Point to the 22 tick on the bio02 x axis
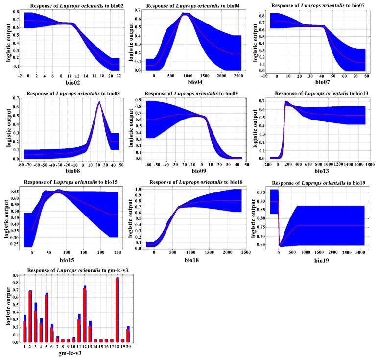click(119, 76)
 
